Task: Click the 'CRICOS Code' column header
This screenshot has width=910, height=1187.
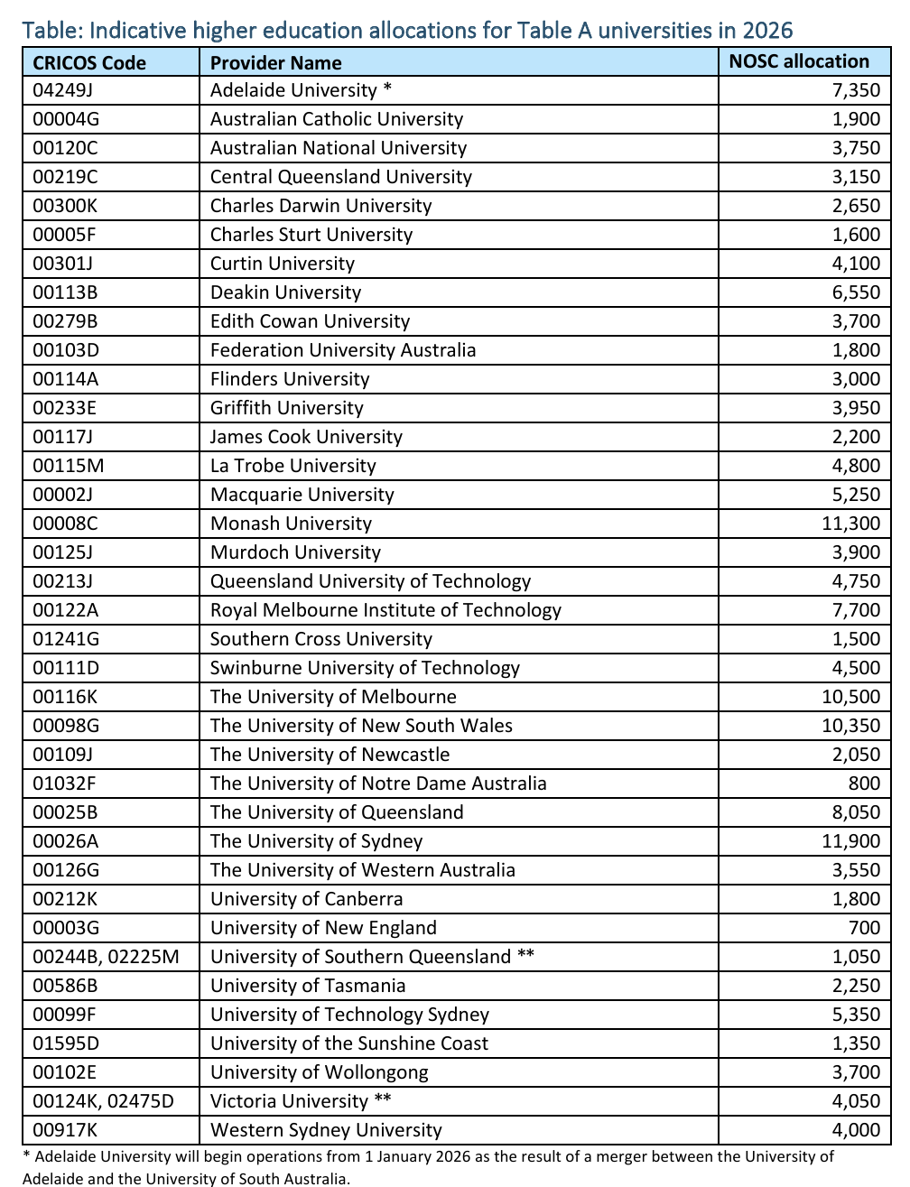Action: pos(89,62)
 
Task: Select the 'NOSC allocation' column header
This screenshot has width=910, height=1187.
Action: pos(799,61)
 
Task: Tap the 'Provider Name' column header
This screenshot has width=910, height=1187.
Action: pos(275,62)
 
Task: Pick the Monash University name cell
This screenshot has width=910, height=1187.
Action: pos(291,524)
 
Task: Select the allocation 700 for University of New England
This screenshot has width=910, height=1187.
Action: pos(864,928)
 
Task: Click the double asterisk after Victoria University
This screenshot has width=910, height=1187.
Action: pos(383,1099)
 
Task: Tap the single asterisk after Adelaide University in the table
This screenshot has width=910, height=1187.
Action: pos(387,88)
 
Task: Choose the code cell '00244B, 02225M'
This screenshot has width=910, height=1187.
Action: pos(106,957)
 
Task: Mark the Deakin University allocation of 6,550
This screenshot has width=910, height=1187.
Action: pos(856,292)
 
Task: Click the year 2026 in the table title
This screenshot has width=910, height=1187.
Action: pos(767,30)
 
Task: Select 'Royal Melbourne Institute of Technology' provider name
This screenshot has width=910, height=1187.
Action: pos(385,610)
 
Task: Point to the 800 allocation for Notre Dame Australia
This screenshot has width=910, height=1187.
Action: pos(864,784)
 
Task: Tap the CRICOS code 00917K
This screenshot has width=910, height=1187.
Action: pos(65,1130)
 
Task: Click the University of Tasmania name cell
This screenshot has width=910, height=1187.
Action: pos(308,986)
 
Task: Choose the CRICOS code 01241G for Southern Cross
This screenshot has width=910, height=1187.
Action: pos(66,639)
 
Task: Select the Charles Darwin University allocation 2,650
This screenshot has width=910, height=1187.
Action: pos(856,206)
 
